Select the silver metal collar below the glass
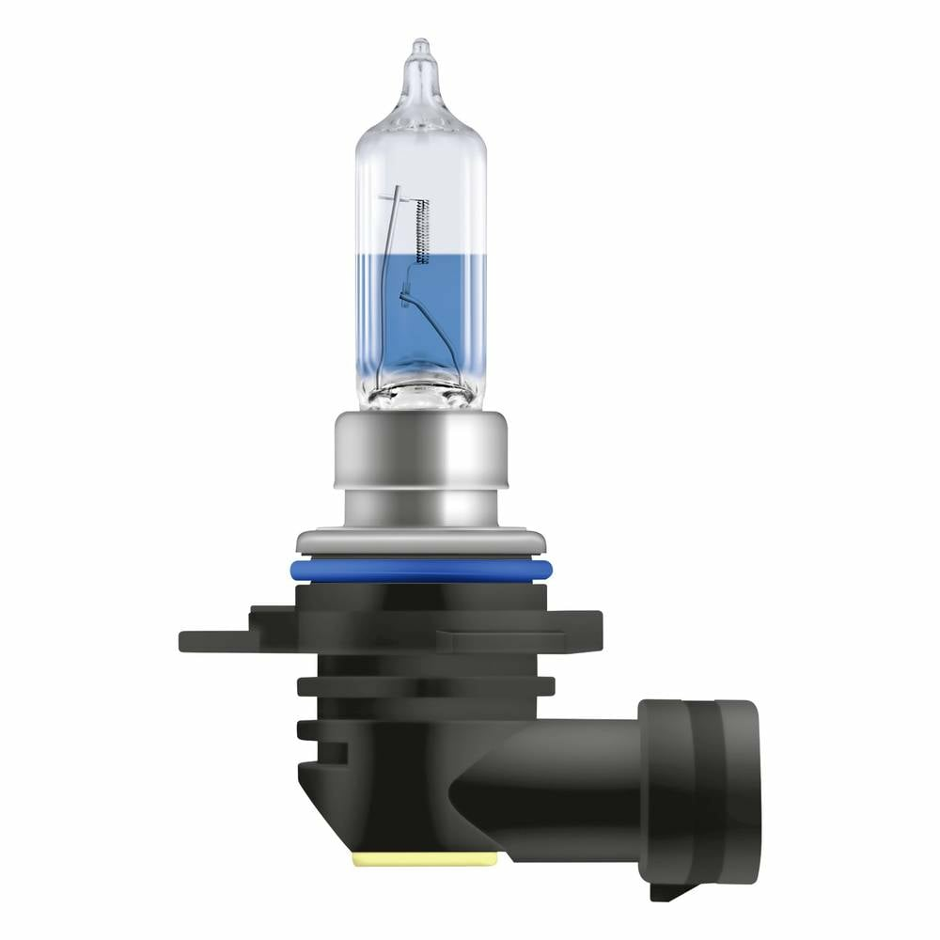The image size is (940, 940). pyautogui.click(x=420, y=470)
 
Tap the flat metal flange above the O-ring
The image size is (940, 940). pyautogui.click(x=420, y=543)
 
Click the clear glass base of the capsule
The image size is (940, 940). pyautogui.click(x=420, y=395)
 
